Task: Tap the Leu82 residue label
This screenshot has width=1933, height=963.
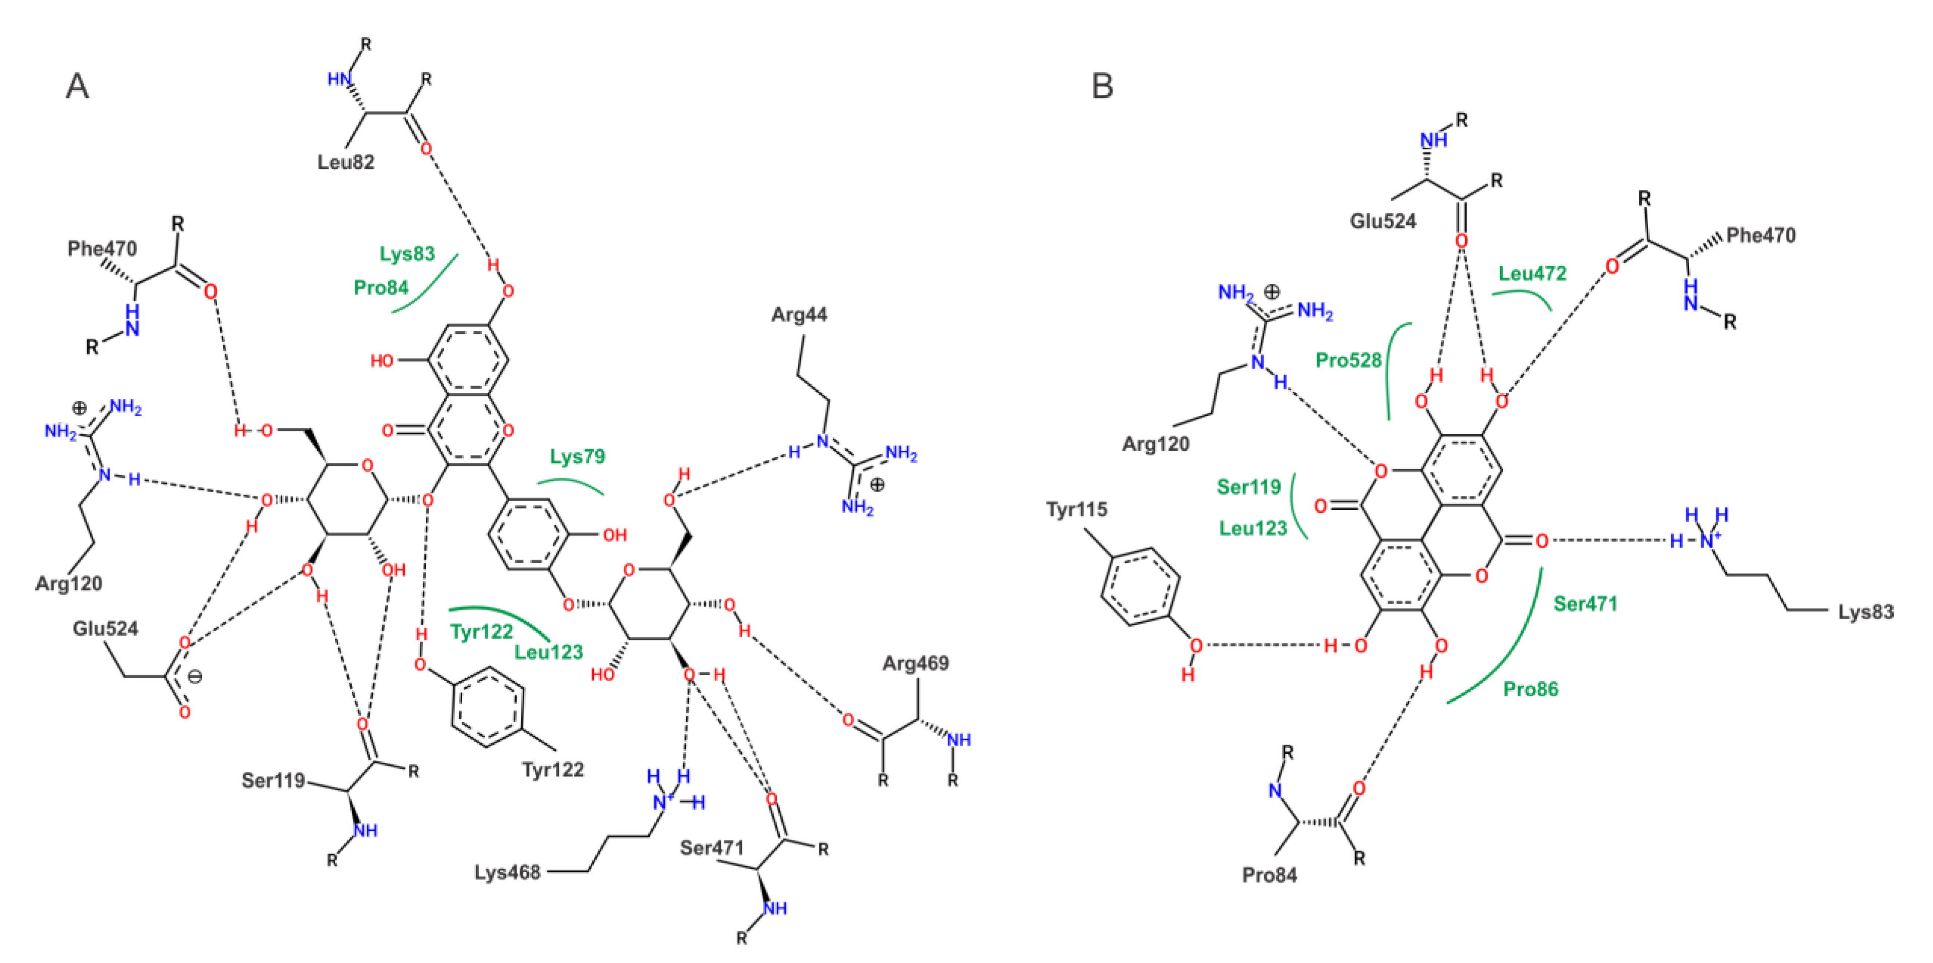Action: coord(345,162)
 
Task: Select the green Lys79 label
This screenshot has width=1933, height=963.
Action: coord(577,456)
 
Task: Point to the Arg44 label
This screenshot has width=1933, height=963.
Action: coord(799,315)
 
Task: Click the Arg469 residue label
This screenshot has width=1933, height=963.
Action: coord(915,663)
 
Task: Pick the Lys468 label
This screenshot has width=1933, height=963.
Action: coord(507,872)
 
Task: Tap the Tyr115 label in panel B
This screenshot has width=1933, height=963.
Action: coord(1077,510)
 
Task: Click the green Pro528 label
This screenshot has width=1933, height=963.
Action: coord(1348,360)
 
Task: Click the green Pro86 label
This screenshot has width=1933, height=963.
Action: coord(1531,689)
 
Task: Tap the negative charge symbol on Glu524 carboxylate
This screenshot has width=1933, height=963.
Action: coord(195,677)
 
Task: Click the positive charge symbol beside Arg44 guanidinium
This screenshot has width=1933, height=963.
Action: coord(877,485)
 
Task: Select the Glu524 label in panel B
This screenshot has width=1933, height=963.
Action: coord(1383,221)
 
